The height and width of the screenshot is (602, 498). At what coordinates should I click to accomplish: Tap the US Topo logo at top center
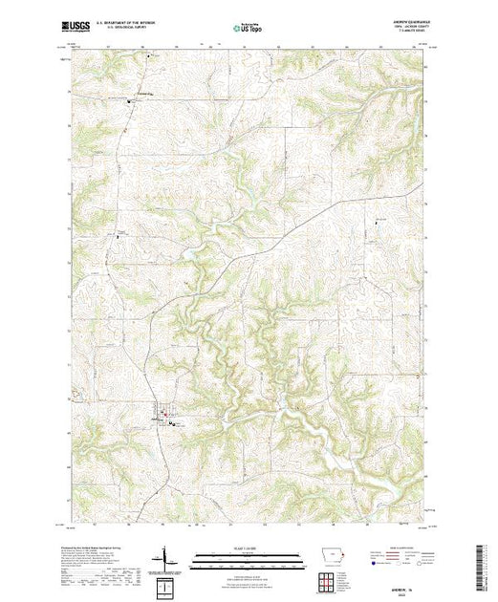(248, 29)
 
